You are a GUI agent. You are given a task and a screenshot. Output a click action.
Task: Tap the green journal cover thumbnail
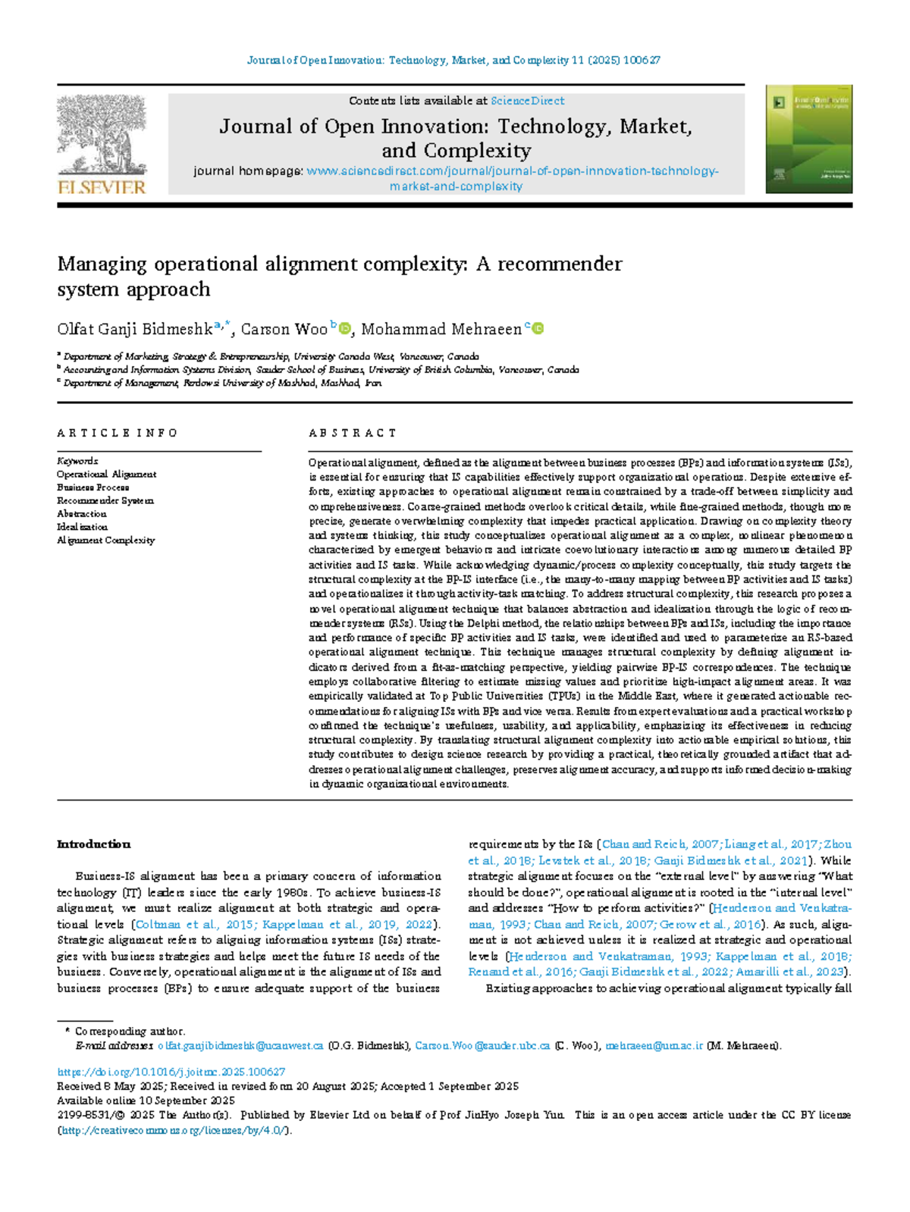coord(808,139)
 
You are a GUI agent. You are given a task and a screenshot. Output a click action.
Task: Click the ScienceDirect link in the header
coord(527,101)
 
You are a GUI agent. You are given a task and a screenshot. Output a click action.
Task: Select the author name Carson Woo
coord(284,329)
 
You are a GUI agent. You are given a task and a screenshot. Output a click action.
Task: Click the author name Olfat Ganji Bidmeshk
coord(134,329)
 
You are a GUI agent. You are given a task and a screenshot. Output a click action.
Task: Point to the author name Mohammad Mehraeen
coord(441,329)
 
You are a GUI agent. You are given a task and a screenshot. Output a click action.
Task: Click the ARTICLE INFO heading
coord(117,433)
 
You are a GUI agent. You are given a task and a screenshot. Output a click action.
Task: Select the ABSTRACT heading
coord(352,433)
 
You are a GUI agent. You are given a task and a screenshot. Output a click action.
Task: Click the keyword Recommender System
coord(105,500)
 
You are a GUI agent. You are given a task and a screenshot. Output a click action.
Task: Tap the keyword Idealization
coord(82,527)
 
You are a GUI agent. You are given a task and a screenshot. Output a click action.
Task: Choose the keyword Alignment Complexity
coord(105,540)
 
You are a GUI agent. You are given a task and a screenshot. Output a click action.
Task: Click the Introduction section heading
coord(93,844)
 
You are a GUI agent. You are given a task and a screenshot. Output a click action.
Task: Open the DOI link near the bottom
coord(171,1072)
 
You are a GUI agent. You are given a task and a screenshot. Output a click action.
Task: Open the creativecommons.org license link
coord(174,1130)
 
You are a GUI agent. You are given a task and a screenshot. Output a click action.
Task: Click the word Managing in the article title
coord(102,265)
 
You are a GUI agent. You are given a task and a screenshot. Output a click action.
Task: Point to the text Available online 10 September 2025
coord(146,1101)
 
